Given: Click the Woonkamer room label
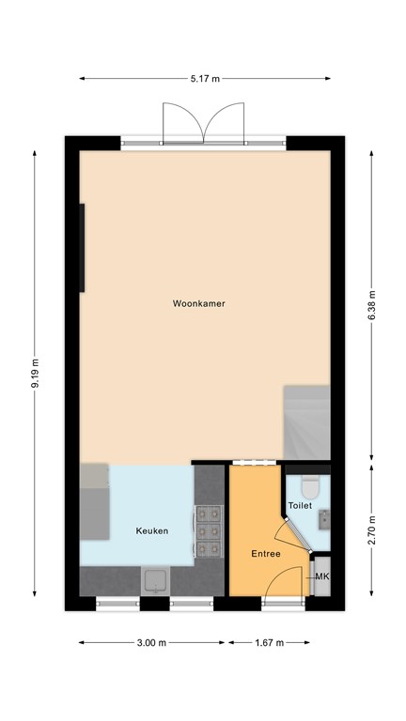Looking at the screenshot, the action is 199,303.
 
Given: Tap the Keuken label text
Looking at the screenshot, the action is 152,531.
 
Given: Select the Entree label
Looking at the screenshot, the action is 266,554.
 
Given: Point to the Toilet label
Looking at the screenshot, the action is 300,505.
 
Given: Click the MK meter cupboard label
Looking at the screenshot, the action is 322,576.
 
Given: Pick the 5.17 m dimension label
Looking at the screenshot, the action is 205,79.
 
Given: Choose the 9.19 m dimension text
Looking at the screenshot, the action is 35,373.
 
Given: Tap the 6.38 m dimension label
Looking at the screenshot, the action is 372,305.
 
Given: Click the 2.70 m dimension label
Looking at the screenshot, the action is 372,529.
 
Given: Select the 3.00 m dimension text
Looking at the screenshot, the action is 151,643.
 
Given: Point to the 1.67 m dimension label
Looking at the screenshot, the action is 270,643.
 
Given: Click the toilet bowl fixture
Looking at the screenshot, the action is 310,487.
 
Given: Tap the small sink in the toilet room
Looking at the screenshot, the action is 324,519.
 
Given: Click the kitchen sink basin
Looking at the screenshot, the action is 156,580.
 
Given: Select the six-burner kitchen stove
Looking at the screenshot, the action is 209,531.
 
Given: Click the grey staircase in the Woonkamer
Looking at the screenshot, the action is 306,422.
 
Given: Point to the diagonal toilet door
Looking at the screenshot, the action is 298,535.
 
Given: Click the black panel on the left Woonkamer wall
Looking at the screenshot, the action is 82,248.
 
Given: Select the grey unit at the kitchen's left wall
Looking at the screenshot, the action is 94,501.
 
